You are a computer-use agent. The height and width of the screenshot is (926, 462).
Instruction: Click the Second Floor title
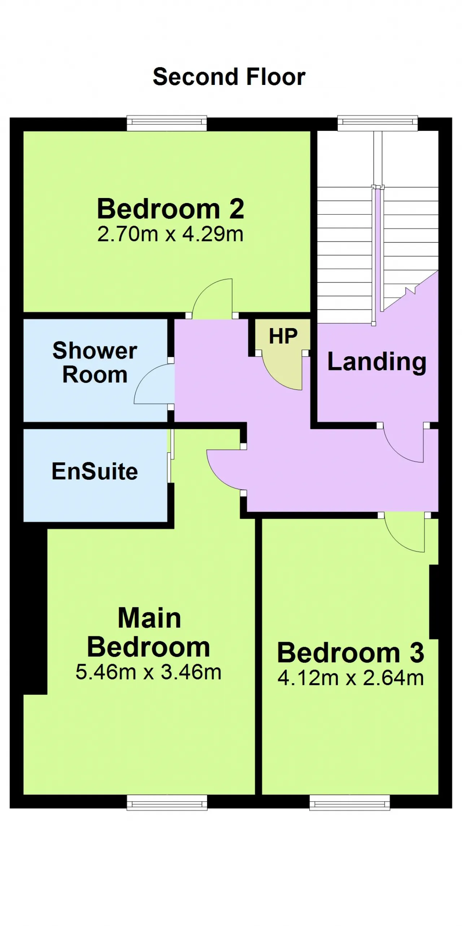tap(229, 77)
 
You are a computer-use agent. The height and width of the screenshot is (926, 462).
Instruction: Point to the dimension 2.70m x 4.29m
tap(170, 234)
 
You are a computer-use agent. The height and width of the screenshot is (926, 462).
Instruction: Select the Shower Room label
tap(95, 362)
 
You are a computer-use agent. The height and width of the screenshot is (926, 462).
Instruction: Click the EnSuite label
tap(95, 471)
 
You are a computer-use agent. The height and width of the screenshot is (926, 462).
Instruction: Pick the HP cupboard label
tap(283, 336)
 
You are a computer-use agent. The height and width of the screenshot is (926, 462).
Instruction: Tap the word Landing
tap(377, 362)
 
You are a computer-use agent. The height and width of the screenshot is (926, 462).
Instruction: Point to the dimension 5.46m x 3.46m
tap(148, 672)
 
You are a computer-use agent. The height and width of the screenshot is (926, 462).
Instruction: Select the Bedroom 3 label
tap(350, 652)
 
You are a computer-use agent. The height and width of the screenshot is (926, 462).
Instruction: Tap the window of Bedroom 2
tap(167, 123)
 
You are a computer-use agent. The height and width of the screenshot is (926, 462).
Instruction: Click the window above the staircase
tap(378, 123)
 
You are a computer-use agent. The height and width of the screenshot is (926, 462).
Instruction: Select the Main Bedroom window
tap(167, 802)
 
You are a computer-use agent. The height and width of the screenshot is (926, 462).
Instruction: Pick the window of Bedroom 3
tap(350, 802)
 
